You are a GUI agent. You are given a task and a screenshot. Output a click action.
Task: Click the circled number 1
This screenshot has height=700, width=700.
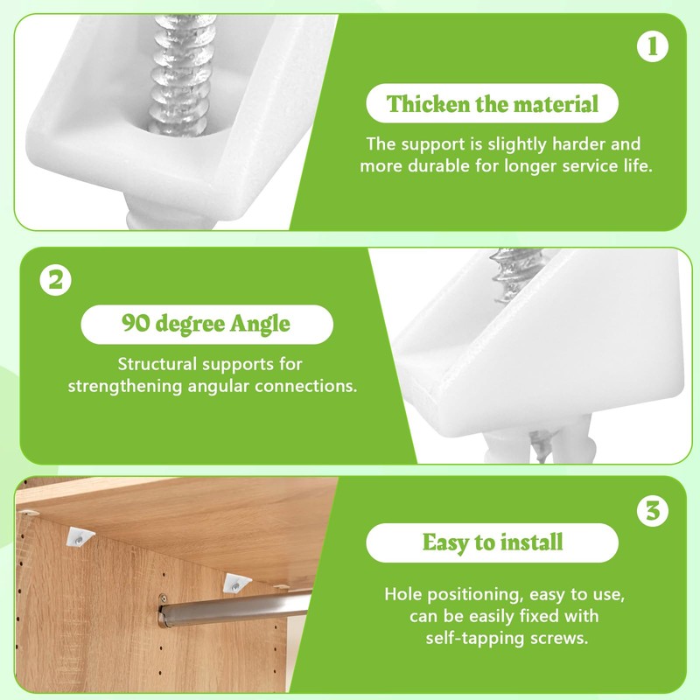tap(652, 47)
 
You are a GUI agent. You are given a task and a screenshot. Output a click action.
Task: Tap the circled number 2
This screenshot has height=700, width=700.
tap(54, 283)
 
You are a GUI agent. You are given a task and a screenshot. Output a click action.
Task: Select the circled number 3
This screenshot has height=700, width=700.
tap(652, 511)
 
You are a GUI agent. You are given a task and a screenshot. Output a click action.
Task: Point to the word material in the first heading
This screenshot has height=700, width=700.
tap(556, 105)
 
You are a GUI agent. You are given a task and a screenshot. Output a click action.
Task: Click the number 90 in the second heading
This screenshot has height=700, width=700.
tap(134, 324)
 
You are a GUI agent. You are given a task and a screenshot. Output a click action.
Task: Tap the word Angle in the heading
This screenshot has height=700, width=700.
tap(259, 324)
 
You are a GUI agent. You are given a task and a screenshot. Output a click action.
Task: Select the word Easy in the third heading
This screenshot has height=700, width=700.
tap(444, 542)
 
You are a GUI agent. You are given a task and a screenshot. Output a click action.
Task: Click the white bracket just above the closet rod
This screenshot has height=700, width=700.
tap(234, 583)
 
